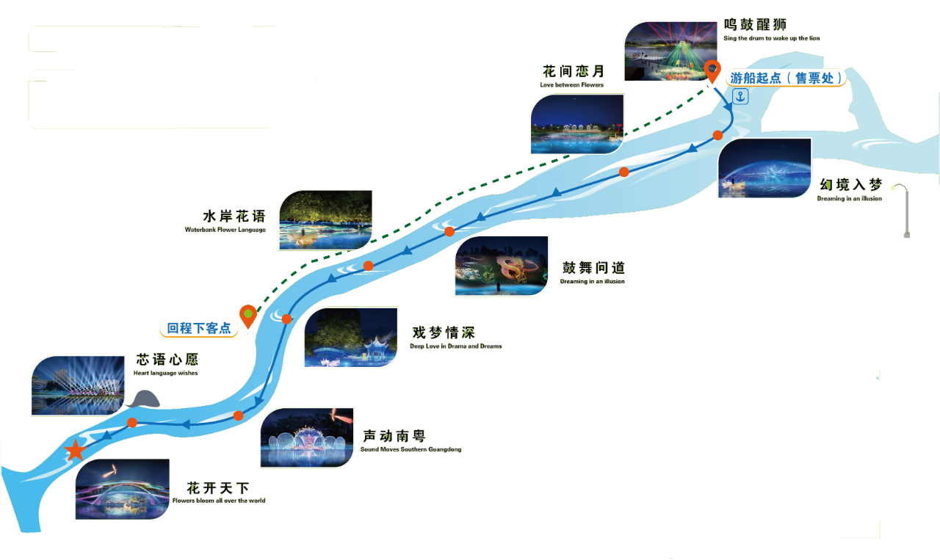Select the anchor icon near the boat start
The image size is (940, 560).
740,96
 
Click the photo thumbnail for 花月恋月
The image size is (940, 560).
576,123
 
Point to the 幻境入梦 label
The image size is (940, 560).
851,185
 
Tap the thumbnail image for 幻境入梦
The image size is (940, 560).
764,168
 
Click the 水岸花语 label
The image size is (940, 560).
233,217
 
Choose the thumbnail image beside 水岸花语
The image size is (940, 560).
325,219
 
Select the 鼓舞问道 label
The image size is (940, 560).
593,268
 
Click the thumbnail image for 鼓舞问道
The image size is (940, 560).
502,266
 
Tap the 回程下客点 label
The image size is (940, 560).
198,328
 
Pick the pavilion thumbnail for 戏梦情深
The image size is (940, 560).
351,338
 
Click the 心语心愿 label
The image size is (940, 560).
167,360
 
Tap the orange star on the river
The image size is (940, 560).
75,451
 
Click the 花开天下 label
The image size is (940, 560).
218,488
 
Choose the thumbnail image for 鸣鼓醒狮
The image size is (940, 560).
670,51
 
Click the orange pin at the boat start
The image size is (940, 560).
712,72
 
